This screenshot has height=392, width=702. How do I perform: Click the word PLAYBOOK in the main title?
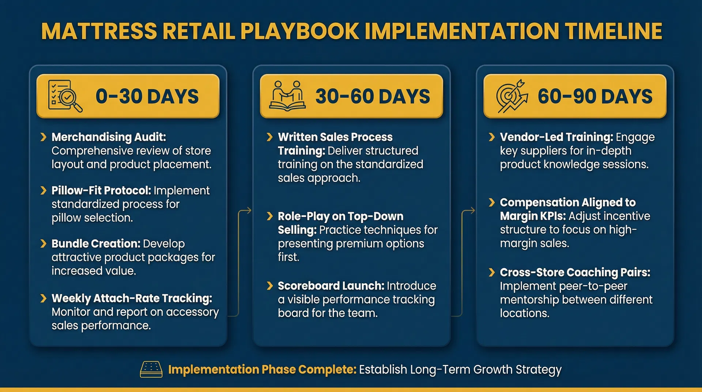300,31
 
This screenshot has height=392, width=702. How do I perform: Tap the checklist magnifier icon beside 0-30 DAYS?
65,96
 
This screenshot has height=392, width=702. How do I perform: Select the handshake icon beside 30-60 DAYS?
287,96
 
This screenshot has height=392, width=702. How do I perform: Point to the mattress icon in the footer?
151,369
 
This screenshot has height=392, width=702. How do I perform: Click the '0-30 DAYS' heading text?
147,97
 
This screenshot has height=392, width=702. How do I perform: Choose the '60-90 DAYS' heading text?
595,97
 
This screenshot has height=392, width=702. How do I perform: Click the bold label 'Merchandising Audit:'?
109,137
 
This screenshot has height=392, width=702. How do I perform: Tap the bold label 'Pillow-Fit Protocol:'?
101,191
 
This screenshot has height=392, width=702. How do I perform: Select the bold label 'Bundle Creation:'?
96,244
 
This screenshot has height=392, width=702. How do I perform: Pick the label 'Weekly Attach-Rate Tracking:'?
132,298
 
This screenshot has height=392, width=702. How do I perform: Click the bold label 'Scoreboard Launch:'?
331,286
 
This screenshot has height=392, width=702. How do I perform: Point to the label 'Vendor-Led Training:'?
556,137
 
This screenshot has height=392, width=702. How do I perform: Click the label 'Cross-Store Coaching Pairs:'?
575,272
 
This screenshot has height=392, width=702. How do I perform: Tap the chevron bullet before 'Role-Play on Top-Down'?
270,216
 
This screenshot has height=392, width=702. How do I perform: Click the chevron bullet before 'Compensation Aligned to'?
492,202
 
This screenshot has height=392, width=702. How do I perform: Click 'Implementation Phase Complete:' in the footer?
262,370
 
